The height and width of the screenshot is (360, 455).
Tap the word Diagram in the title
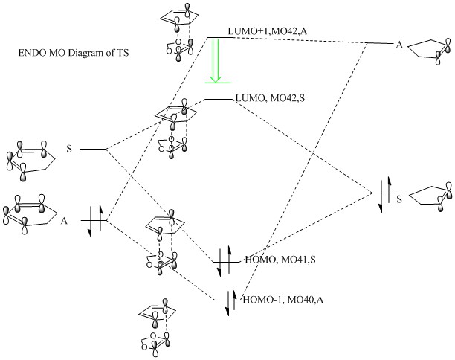[77, 54]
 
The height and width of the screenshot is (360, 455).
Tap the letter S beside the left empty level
[69, 150]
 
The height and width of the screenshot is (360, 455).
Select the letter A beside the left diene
[65, 221]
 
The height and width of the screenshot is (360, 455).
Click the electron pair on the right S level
[381, 195]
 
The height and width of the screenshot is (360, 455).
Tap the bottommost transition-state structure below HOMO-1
[159, 327]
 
